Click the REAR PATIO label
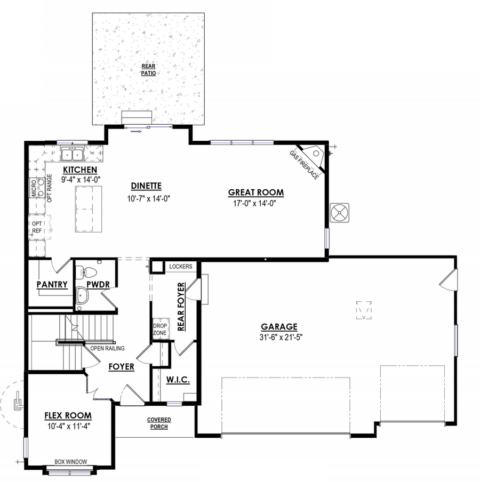[x=148, y=69]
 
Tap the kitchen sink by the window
[x=73, y=155]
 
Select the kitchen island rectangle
[x=88, y=208]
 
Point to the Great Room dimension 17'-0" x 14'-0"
[x=255, y=203]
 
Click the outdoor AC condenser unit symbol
[x=339, y=213]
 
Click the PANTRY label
[x=52, y=285]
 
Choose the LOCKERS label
[x=180, y=266]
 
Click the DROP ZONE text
[x=160, y=330]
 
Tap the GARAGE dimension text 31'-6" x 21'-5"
[x=279, y=337]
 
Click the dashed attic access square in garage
[x=363, y=310]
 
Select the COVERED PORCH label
[x=159, y=423]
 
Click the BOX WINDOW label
[x=71, y=462]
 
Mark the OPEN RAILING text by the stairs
[x=107, y=349]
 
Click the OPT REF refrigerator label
[x=37, y=227]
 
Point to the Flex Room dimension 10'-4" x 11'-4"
[x=67, y=425]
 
